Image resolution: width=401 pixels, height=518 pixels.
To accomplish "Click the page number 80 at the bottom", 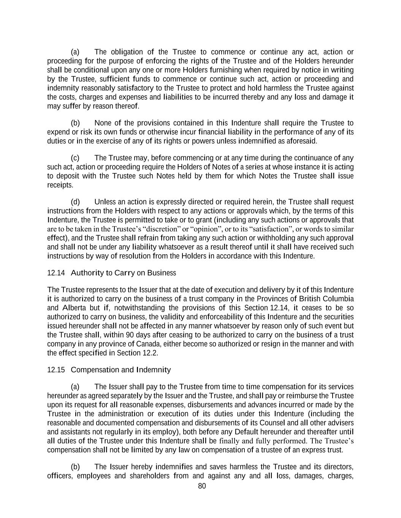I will click(x=202, y=486).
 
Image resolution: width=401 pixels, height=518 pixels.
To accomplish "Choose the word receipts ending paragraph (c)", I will click(x=60, y=185).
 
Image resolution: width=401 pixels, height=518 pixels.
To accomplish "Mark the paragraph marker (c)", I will click(x=75, y=158).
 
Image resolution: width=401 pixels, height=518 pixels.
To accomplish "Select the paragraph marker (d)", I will click(x=75, y=202).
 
